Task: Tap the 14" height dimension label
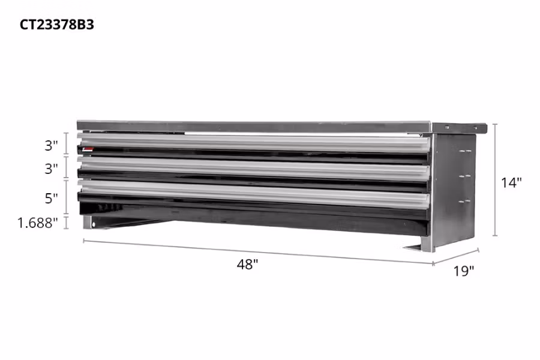[512, 183]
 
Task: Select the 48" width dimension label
[247, 265]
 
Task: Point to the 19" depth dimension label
[464, 271]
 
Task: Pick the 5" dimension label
[51, 197]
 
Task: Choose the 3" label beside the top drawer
[51, 145]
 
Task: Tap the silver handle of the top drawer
[252, 142]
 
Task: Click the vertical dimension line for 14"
[495, 180]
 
